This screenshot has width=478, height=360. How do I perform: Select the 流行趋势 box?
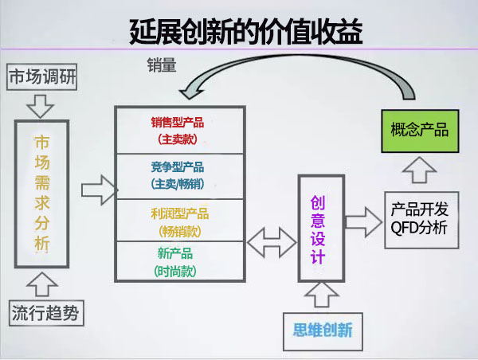point(45,313)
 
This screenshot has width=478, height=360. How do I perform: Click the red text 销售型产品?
point(177,123)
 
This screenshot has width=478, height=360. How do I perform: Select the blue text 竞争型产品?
point(177,166)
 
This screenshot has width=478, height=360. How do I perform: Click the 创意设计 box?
point(318,226)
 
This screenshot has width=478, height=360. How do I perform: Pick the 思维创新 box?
point(323,329)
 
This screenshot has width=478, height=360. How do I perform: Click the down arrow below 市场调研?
point(39,104)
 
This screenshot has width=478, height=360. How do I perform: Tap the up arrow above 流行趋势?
point(40,282)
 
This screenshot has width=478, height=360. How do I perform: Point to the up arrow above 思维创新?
point(321,294)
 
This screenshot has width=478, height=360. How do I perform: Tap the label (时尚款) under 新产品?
point(176,271)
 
